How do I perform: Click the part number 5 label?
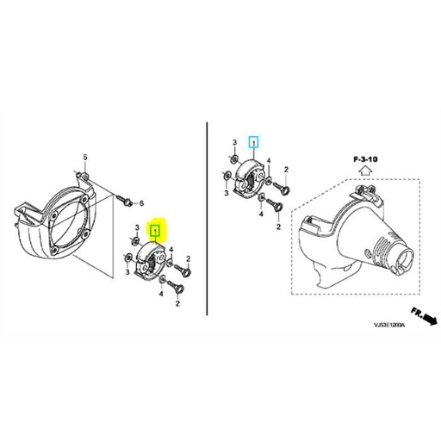tap(85, 157)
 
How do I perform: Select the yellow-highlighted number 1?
tap(156, 231)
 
